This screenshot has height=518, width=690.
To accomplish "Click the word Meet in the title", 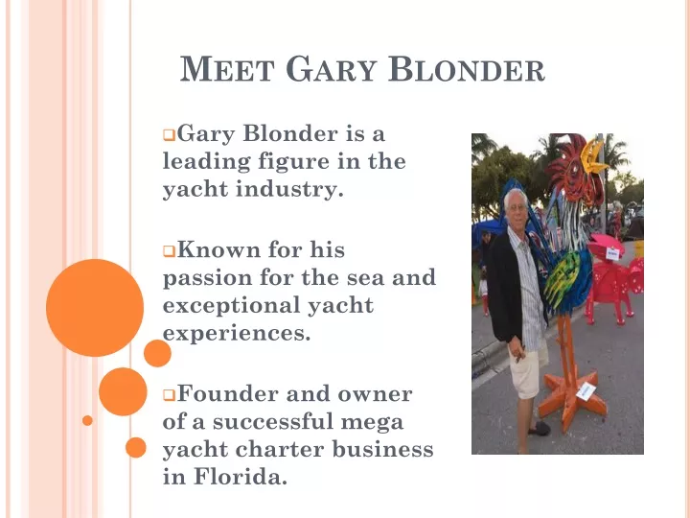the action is (x=227, y=69).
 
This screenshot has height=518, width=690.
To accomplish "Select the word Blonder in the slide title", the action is (x=467, y=69).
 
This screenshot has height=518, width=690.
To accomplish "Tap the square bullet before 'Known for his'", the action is (x=169, y=251).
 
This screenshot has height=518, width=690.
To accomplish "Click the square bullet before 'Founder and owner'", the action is (x=169, y=395).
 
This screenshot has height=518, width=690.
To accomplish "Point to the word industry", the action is (x=289, y=189).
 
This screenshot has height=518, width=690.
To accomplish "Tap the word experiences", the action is (x=237, y=334).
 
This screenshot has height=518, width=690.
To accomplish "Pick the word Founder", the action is (x=228, y=393).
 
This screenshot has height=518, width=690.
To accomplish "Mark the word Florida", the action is (x=241, y=477).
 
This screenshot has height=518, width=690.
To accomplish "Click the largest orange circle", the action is (x=95, y=308).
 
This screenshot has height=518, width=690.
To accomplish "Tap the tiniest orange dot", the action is (x=87, y=420).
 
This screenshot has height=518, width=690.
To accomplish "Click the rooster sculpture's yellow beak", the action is (x=594, y=156).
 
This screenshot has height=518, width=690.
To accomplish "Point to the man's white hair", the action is (x=515, y=198).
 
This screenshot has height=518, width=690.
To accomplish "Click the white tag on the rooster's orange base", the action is (x=586, y=391).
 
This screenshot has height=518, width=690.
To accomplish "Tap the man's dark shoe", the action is (x=539, y=428).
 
